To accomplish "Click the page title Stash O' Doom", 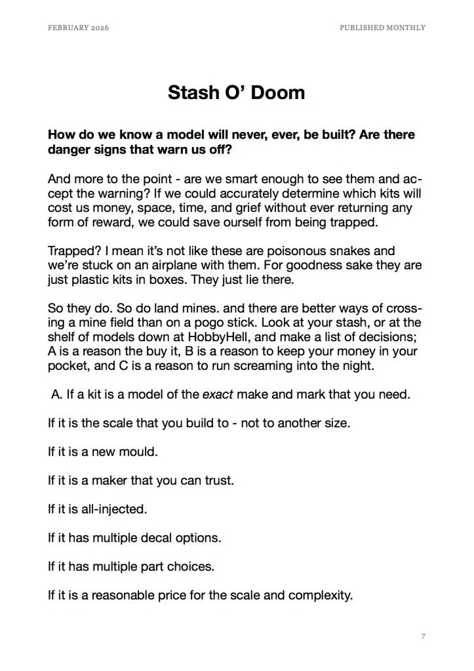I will point(236,92).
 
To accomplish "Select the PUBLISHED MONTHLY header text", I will point(382,28).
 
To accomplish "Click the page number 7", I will point(424,636).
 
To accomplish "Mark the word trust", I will point(220,481).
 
